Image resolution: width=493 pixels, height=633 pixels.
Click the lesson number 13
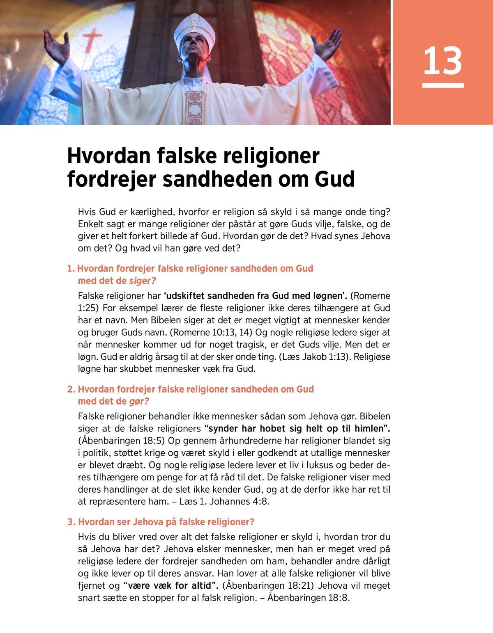(442, 61)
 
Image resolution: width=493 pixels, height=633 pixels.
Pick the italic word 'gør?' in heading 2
(139, 401)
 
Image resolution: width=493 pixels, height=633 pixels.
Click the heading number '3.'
(71, 522)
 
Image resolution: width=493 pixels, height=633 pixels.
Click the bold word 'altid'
(202, 585)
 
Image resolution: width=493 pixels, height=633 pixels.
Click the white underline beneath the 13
(442, 85)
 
